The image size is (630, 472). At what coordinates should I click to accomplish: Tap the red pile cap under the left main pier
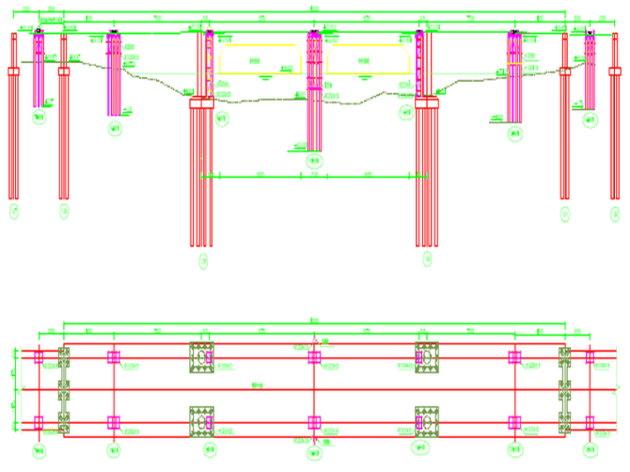point(201,104)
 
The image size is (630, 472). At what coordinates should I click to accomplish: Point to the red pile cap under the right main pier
point(426,103)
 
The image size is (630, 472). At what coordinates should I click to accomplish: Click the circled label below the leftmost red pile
point(13,215)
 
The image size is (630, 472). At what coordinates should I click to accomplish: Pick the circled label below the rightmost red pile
point(614,215)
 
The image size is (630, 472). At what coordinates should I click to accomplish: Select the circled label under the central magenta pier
point(313,161)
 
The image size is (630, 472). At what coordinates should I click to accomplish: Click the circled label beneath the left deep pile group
point(203,262)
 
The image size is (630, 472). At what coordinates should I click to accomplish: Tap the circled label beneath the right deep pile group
point(427,262)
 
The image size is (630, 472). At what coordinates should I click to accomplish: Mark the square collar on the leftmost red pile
point(13,72)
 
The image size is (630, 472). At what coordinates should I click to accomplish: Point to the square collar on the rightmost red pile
point(614,72)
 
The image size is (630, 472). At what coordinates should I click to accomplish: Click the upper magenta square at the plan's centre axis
point(314,357)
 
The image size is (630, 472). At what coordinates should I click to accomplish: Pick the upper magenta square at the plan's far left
point(38,357)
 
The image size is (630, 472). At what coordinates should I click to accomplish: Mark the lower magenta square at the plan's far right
point(590,423)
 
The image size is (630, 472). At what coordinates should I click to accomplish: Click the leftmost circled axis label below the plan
point(38,451)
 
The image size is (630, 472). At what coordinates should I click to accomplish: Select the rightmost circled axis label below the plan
point(590,451)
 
